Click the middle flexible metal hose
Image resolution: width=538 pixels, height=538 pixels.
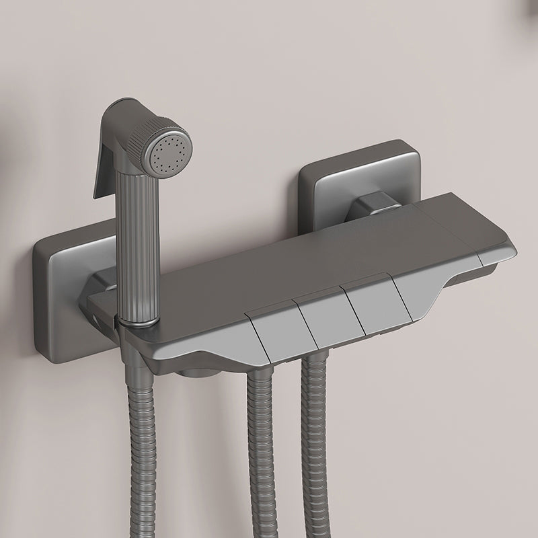click(259, 457)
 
